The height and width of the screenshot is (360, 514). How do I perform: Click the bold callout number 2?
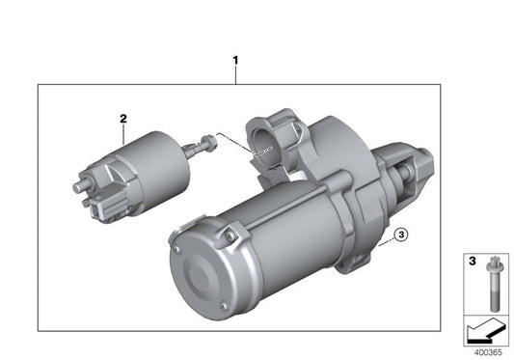pyautogui.click(x=123, y=119)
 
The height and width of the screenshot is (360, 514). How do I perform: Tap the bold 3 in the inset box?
pyautogui.click(x=472, y=262)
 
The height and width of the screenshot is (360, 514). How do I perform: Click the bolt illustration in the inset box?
pyautogui.click(x=491, y=284)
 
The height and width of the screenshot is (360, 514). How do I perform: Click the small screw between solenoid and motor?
pyautogui.click(x=205, y=145)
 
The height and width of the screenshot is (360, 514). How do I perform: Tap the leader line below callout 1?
pyautogui.click(x=234, y=76)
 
